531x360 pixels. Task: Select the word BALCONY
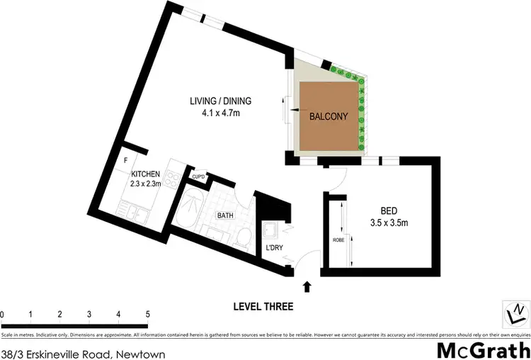[x=327, y=118]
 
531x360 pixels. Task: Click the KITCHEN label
[x=145, y=174]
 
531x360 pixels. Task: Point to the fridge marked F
[x=125, y=160]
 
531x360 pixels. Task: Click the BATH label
[x=225, y=215]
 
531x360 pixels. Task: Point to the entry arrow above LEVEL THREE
[x=307, y=287]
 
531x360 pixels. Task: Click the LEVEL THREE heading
[x=263, y=307]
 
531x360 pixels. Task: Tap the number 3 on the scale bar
[x=89, y=314]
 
